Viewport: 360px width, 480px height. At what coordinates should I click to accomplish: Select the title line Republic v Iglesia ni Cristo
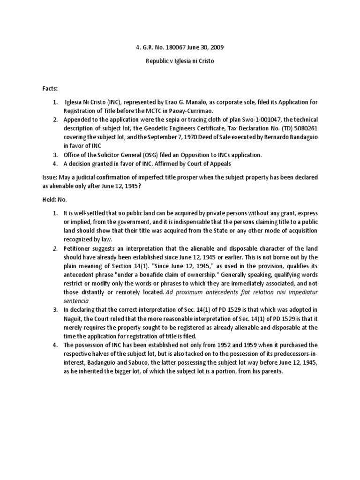[x=180, y=61]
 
